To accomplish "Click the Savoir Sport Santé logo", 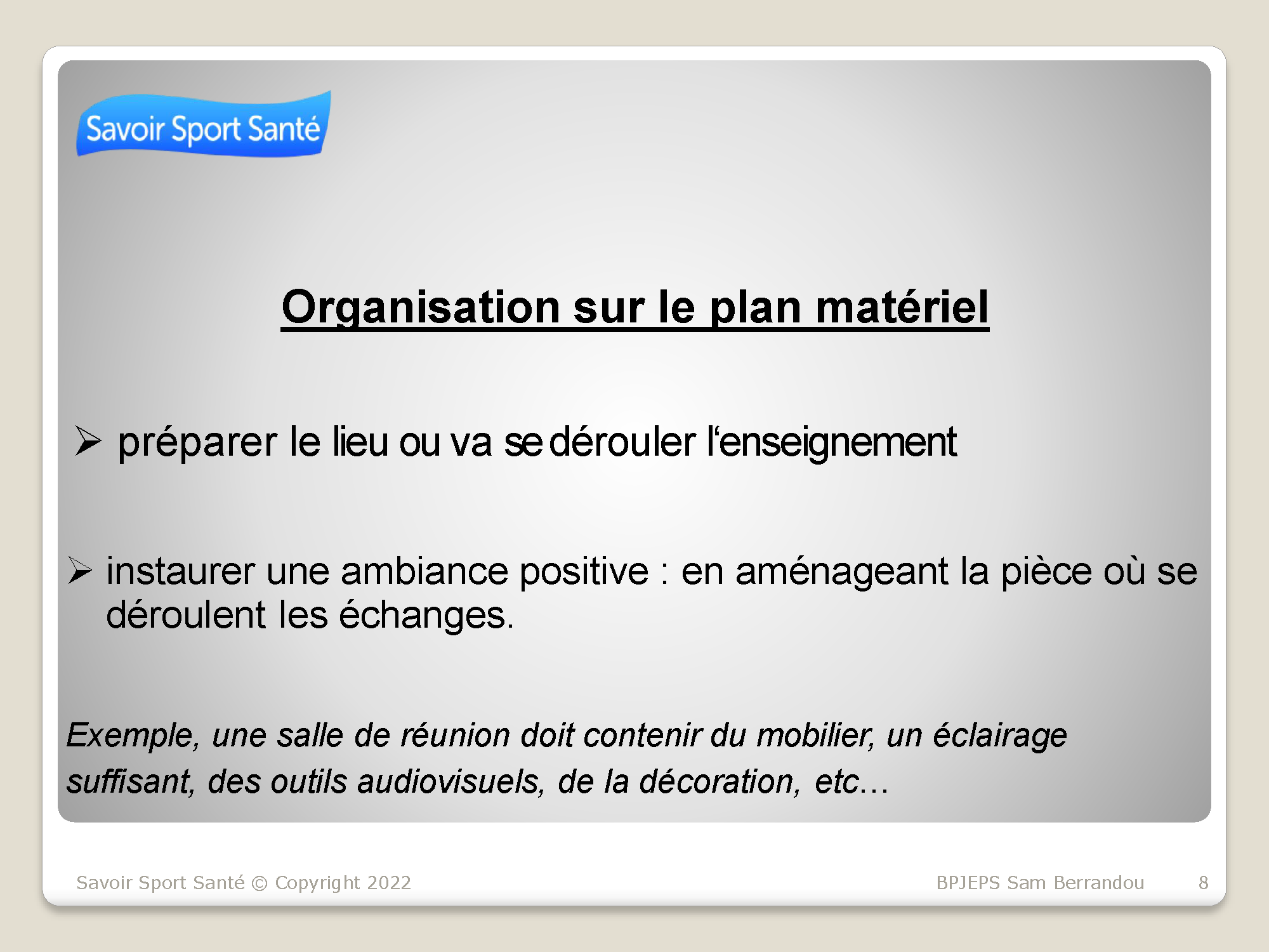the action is pyautogui.click(x=204, y=124).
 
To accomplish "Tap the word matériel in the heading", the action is pyautogui.click(x=902, y=307).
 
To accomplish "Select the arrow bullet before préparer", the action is pyautogui.click(x=88, y=441).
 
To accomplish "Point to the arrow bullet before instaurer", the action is pyautogui.click(x=81, y=570).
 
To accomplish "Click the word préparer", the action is pyautogui.click(x=197, y=443).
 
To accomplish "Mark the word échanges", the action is pyautogui.click(x=426, y=614).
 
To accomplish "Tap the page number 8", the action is pyautogui.click(x=1203, y=883).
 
